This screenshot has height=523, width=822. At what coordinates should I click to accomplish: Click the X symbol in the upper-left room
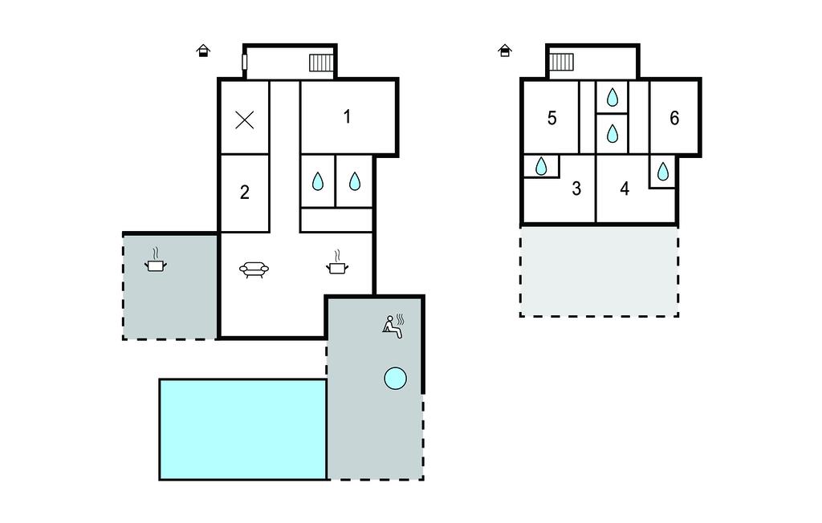point(244,120)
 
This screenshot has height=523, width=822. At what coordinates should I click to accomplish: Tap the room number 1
point(347,116)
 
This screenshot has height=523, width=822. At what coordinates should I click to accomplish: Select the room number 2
point(244,193)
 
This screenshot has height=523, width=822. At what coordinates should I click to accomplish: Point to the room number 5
point(551,118)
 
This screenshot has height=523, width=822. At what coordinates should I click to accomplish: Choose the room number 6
point(674,118)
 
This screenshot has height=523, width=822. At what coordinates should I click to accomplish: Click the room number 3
point(576,189)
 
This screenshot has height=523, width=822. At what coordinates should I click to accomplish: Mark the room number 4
point(625,189)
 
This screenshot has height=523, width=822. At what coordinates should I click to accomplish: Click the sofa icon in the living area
point(254,270)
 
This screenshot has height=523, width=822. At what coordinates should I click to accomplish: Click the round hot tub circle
point(395,379)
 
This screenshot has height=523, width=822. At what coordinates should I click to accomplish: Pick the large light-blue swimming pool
point(242,429)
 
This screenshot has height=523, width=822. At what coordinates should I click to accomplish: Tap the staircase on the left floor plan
point(321,63)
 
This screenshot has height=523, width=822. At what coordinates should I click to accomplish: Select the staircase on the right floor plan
point(561,62)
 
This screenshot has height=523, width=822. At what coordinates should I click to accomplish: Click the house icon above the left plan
point(203,51)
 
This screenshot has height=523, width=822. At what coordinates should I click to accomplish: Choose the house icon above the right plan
point(504,51)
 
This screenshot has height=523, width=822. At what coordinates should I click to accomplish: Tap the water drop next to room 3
point(541,167)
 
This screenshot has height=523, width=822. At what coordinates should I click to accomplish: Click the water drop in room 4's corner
point(662,172)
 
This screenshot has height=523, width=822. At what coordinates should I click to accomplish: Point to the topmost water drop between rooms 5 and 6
point(612,97)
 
